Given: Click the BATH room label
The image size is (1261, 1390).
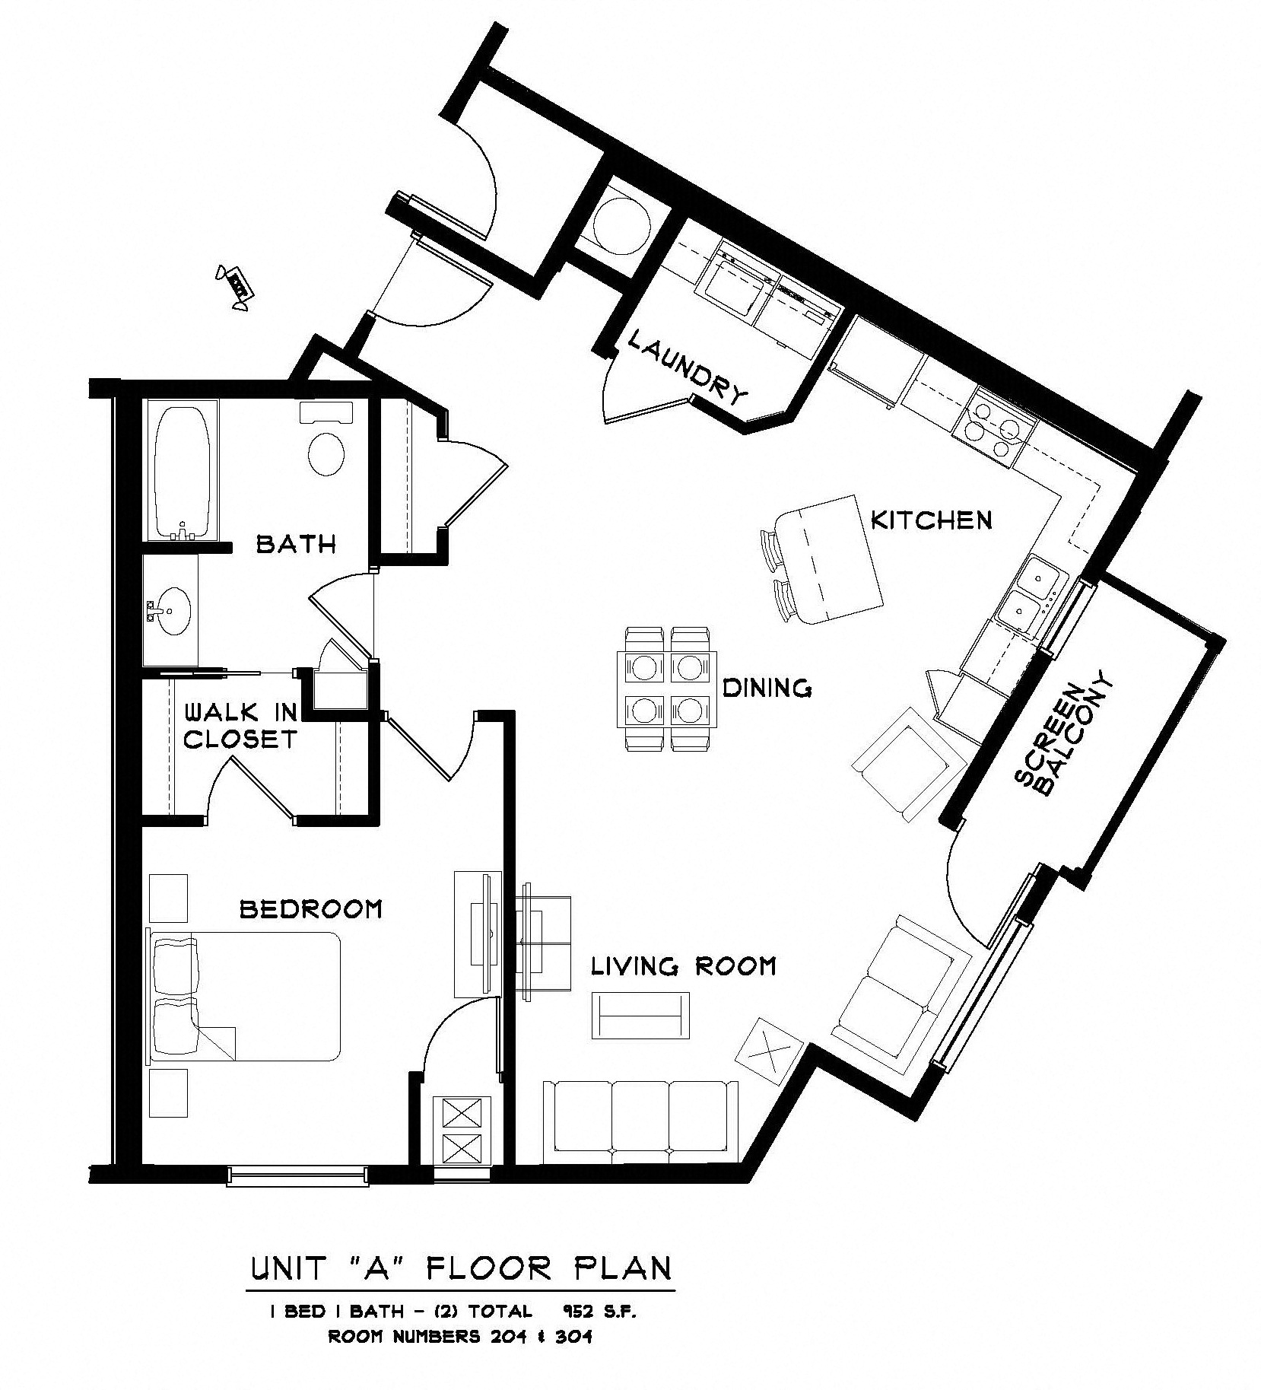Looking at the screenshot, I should pyautogui.click(x=296, y=544).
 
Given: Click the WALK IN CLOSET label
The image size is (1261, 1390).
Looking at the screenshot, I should pyautogui.click(x=240, y=726).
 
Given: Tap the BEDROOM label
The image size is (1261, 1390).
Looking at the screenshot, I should pyautogui.click(x=310, y=908).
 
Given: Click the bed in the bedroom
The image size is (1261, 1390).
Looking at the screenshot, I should pyautogui.click(x=245, y=997).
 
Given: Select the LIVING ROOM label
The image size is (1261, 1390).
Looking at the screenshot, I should pyautogui.click(x=684, y=966).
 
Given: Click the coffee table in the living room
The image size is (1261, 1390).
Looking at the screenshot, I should pyautogui.click(x=640, y=1016).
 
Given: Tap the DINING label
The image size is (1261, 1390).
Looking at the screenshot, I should pyautogui.click(x=767, y=688).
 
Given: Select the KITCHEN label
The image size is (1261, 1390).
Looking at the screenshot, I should pyautogui.click(x=931, y=520).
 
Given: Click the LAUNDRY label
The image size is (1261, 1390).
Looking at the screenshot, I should pyautogui.click(x=688, y=370).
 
